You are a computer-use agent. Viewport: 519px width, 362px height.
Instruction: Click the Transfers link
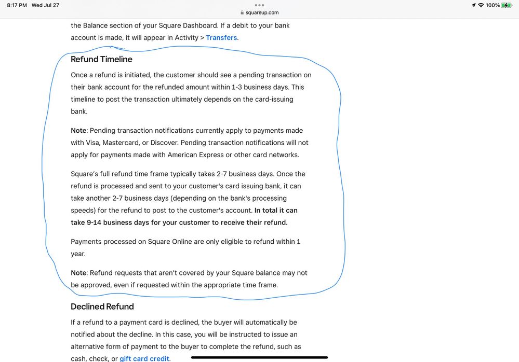coord(222,37)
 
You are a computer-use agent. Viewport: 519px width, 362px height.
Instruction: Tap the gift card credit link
coord(144,358)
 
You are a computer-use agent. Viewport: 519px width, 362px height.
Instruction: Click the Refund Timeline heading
coord(101,59)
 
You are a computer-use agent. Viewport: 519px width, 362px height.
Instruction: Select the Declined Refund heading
coord(102,307)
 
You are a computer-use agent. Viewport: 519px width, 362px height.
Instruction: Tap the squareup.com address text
coord(262,12)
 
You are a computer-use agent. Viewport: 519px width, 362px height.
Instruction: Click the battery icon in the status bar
coord(507,5)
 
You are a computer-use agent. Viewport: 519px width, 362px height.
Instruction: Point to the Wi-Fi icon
coord(481,5)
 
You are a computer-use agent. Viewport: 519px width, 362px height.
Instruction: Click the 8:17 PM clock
coord(17,5)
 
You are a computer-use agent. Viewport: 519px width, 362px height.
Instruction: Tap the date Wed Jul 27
coord(46,5)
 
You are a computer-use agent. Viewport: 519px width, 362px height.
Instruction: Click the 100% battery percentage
coord(493,5)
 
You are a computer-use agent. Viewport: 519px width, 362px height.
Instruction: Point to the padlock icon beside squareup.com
coord(242,12)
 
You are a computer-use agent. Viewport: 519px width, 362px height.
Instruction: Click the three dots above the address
coord(259,5)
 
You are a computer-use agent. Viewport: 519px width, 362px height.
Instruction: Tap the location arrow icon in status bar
coord(473,5)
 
